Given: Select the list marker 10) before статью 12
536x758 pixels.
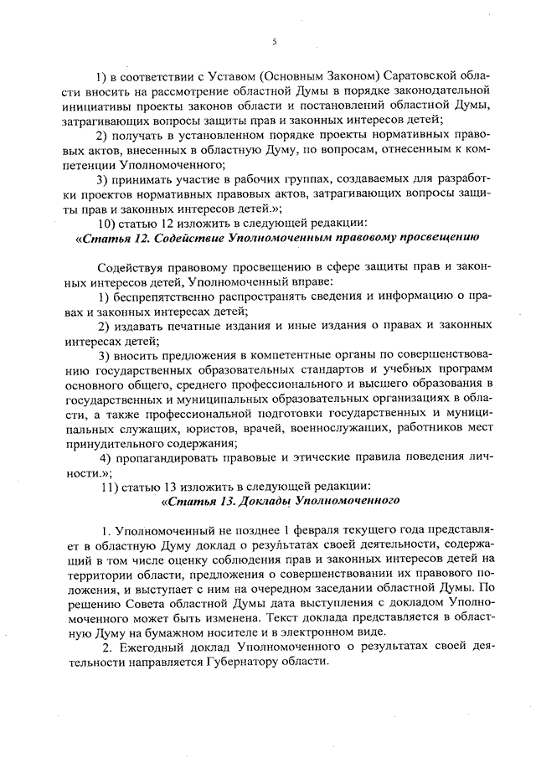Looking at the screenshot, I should (x=111, y=223).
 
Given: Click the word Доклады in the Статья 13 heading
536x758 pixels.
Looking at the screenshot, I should (x=255, y=502).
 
